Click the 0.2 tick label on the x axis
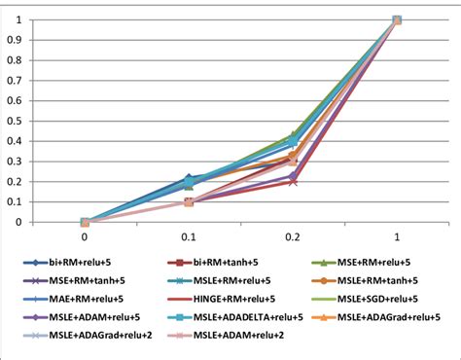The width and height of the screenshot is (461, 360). tap(293, 236)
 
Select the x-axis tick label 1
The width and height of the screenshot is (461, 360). tap(397, 236)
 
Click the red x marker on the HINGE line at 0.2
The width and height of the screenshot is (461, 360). tap(293, 181)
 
